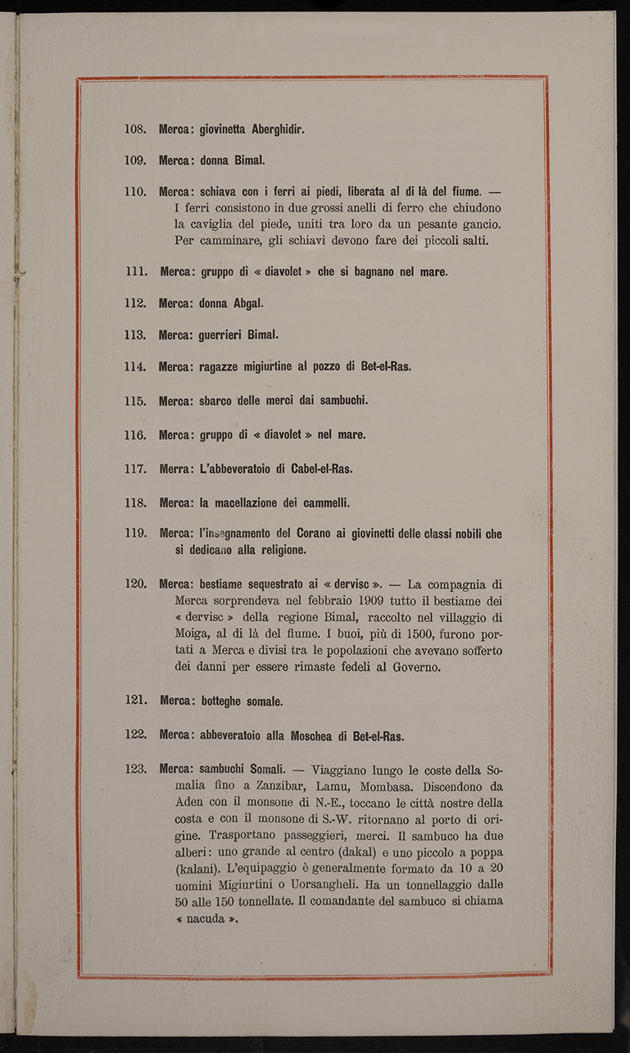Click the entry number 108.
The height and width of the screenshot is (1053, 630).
(134, 129)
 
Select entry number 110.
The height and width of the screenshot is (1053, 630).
(134, 192)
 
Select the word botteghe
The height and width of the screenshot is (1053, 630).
(225, 701)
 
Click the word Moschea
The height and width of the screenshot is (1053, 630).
(320, 735)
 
